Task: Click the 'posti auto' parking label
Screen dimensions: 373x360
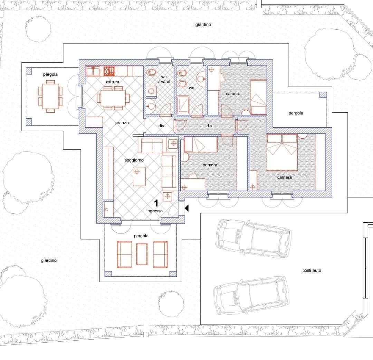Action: click(x=312, y=270)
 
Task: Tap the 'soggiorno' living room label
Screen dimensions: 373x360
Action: click(x=134, y=160)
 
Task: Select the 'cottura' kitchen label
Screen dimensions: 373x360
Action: click(x=113, y=82)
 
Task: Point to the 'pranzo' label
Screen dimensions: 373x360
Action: click(x=122, y=123)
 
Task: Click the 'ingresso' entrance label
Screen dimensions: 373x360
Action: click(x=154, y=211)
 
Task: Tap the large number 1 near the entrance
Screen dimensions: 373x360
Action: click(x=156, y=203)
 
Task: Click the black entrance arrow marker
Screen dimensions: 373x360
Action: click(x=187, y=208)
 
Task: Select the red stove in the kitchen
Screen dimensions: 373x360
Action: click(x=109, y=71)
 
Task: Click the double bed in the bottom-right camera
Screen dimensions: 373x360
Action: click(x=282, y=152)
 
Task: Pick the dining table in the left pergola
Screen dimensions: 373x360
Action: click(x=50, y=96)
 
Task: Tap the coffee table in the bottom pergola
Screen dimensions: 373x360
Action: click(x=142, y=254)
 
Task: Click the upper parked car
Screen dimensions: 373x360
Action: click(x=253, y=239)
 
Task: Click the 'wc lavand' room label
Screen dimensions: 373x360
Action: click(x=164, y=79)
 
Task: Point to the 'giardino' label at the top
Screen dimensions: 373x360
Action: click(x=203, y=25)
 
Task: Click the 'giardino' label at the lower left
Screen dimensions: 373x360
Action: click(x=49, y=260)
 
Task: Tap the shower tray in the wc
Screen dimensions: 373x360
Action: click(x=183, y=105)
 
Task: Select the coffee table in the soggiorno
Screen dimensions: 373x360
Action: click(x=139, y=176)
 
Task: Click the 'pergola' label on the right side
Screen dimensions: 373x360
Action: click(x=296, y=113)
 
